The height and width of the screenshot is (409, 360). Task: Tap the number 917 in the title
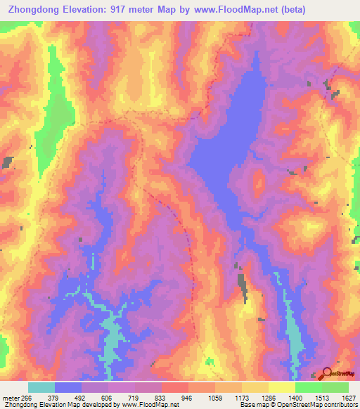point(126,10)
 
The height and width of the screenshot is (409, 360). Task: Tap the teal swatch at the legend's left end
point(41,387)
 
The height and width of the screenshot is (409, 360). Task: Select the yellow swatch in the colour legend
point(281,387)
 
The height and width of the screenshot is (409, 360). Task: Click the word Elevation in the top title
point(87,10)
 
